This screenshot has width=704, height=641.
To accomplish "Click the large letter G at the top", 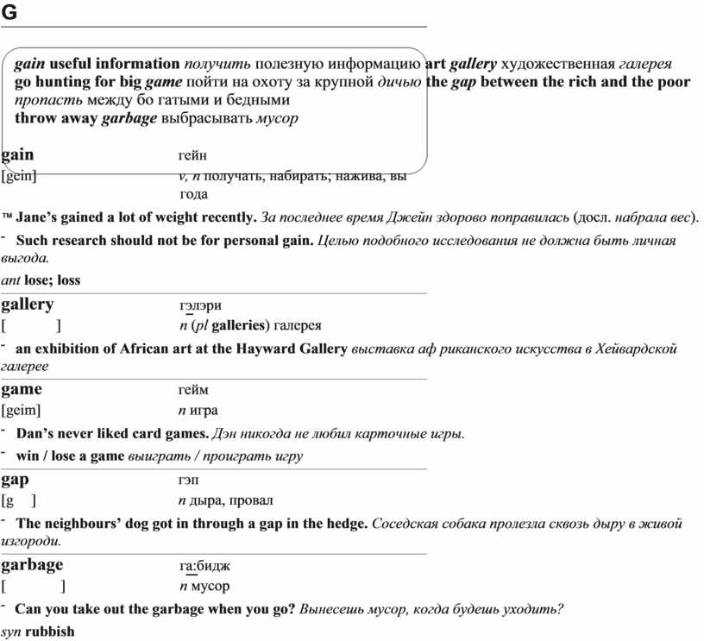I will click(9, 12).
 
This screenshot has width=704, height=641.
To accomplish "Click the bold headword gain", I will click(18, 155).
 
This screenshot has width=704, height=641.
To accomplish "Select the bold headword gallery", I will click(28, 305).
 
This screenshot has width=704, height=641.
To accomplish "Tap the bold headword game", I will click(22, 389).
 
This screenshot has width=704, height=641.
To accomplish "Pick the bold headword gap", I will click(16, 479).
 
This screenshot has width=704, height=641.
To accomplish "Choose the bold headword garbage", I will click(32, 565).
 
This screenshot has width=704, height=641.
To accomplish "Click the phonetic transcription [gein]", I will click(19, 176).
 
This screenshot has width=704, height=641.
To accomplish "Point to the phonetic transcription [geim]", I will click(21, 410).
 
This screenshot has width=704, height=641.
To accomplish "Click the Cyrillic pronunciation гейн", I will click(192, 156).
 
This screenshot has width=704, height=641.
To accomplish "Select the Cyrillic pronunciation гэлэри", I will click(200, 305).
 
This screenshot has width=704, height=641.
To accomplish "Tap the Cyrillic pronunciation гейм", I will click(193, 390).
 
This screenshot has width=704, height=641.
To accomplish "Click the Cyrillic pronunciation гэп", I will click(190, 480).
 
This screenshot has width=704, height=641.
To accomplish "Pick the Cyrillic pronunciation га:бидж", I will click(205, 566).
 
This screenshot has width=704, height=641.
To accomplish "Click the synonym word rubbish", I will click(50, 632).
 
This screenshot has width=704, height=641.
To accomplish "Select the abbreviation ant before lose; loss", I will click(11, 280).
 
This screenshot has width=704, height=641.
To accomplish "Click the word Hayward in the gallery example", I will click(272, 349).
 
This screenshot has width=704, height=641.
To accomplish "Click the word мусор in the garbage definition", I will click(210, 587).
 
